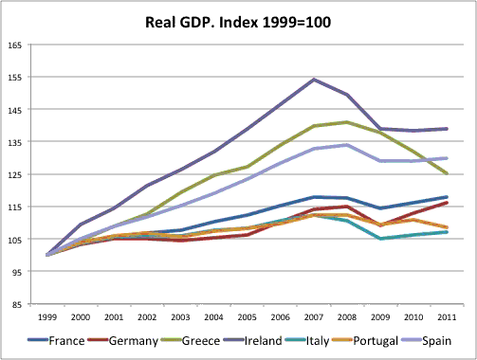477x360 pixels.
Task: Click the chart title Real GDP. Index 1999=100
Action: tap(238, 19)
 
